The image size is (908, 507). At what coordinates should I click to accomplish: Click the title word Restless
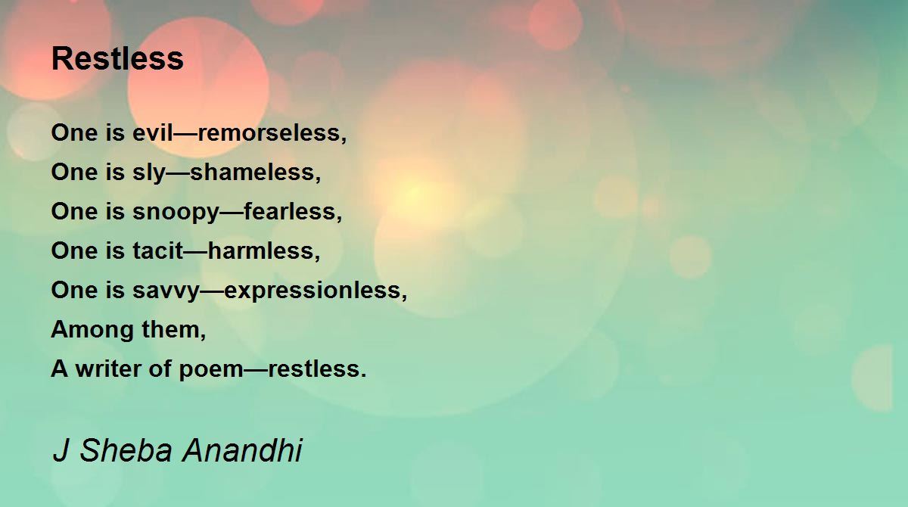point(117,58)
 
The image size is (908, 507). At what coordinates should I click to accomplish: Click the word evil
point(153,132)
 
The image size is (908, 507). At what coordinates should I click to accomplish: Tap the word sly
point(149,173)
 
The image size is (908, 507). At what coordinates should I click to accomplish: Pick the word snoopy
point(176,212)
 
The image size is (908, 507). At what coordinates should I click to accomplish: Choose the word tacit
point(157,250)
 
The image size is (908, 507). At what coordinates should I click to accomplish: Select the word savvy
point(166,291)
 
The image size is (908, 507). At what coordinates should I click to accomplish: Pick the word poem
point(211,369)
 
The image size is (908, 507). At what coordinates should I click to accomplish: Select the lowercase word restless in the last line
point(314,369)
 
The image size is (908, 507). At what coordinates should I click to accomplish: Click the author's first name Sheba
point(126,450)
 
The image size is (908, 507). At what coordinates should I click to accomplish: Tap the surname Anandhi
point(242,450)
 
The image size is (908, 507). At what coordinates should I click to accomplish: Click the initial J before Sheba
point(61,450)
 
